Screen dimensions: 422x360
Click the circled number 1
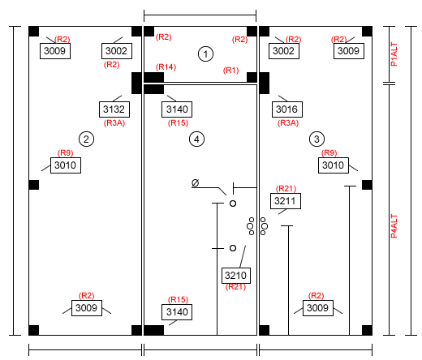205,54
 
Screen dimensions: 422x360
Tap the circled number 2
86,139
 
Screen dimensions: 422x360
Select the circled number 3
316,139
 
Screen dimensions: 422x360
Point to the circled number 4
196,139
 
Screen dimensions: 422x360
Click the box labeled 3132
114,109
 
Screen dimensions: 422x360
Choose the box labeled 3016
287,109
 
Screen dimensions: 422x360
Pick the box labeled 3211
286,201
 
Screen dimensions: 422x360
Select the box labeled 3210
236,276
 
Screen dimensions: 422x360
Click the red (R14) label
166,66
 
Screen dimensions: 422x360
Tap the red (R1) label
230,71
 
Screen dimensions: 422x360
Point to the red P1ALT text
394,54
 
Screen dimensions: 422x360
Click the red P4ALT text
394,226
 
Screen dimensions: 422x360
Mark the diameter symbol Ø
195,183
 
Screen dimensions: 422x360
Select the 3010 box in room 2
66,165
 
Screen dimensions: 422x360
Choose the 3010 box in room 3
334,165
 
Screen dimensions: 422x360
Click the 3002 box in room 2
117,51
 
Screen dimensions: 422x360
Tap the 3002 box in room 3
284,51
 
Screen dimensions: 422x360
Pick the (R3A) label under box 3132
114,123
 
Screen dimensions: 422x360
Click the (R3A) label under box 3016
288,123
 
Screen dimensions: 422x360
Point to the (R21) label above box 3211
286,188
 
